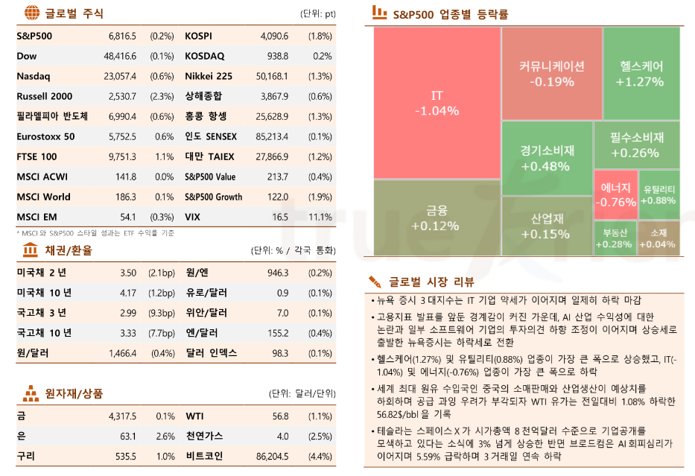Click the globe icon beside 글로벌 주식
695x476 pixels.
[x=31, y=13]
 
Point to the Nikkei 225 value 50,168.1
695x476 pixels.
[x=271, y=76]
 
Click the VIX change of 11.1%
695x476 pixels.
[x=320, y=217]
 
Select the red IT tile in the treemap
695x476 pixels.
[x=436, y=103]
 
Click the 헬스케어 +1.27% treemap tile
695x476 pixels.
[x=641, y=73]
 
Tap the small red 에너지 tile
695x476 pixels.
[x=615, y=194]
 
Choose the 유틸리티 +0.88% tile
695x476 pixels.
[x=658, y=194]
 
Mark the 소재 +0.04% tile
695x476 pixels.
[x=658, y=238]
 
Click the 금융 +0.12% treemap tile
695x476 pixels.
[x=436, y=218]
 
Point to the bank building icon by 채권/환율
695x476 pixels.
[x=31, y=250]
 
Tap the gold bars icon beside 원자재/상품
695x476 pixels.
[x=31, y=392]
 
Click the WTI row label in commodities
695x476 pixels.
[x=194, y=416]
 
